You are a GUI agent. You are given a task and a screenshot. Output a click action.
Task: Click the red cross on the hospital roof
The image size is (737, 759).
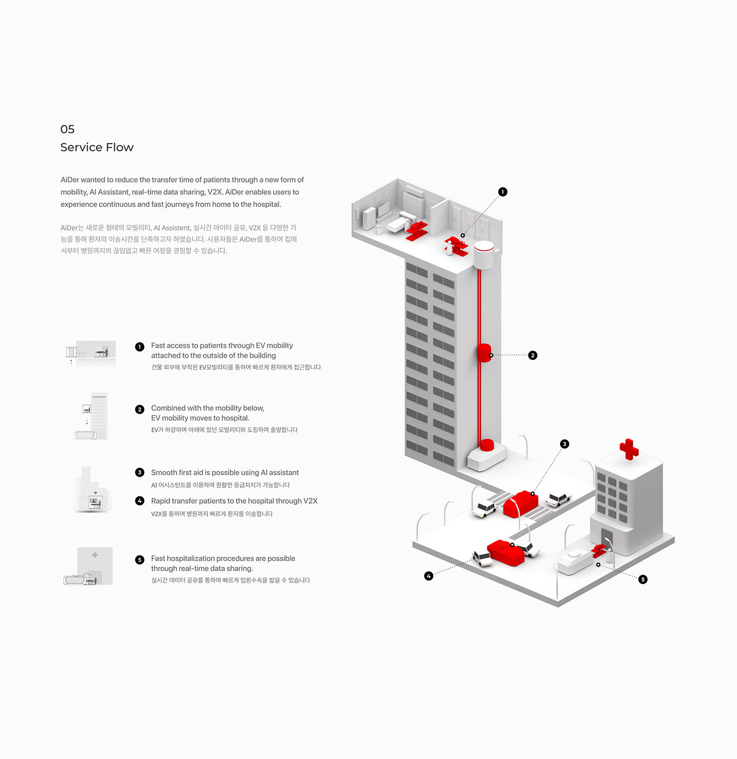(x=629, y=450)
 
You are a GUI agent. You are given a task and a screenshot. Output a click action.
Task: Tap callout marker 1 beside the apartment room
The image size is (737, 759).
(x=503, y=192)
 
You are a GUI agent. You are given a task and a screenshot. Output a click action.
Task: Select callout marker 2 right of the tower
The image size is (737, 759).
(x=533, y=355)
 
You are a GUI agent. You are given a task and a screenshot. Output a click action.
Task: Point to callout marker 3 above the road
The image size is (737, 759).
(x=564, y=444)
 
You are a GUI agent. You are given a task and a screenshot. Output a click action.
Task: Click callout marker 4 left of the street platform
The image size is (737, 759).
(x=429, y=576)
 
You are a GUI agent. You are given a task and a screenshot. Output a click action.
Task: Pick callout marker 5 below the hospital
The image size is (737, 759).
(x=643, y=579)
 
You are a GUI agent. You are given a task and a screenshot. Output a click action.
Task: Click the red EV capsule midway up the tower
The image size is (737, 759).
(x=484, y=353)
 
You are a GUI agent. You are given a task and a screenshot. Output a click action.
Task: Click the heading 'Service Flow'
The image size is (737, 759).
(x=97, y=147)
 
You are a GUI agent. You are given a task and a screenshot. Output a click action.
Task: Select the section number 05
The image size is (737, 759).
(x=67, y=129)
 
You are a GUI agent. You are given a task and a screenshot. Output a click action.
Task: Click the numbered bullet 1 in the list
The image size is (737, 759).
(x=140, y=347)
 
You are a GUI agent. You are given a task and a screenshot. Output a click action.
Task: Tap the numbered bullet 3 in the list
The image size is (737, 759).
(x=140, y=472)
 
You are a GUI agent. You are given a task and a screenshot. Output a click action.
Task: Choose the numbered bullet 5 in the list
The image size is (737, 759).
(x=140, y=560)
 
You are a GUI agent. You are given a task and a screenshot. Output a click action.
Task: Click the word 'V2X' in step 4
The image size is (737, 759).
(x=310, y=501)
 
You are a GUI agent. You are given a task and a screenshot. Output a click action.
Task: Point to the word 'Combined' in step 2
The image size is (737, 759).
(x=168, y=408)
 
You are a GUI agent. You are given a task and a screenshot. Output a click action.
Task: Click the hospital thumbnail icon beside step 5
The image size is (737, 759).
(x=88, y=565)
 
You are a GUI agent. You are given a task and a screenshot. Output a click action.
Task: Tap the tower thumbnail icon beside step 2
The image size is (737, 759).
(x=91, y=416)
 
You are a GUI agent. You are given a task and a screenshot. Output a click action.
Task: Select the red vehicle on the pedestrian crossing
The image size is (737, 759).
(x=521, y=504)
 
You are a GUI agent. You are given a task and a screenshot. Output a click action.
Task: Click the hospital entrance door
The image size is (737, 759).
(x=606, y=538)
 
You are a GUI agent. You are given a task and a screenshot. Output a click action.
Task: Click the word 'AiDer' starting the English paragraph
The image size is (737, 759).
(x=70, y=180)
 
